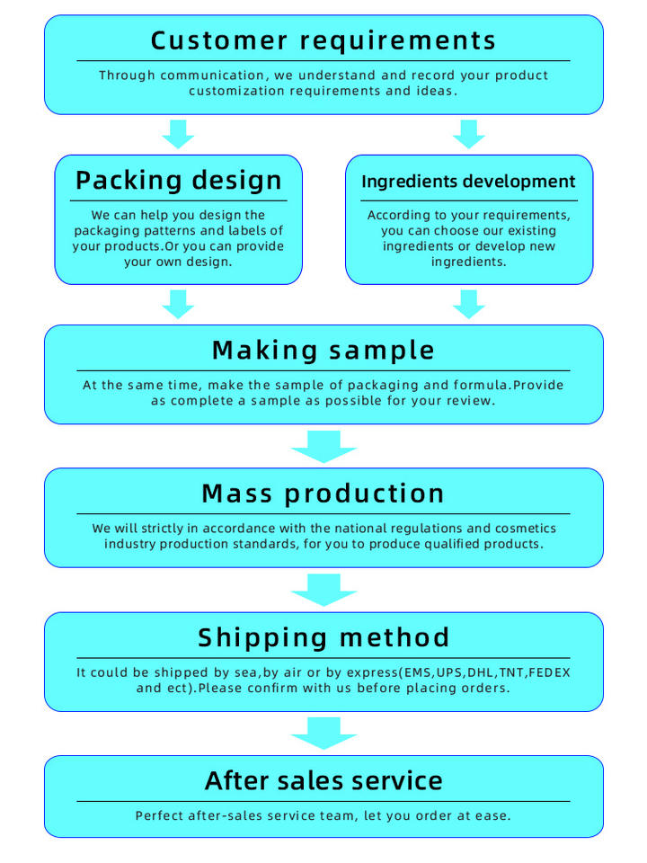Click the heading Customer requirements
(323, 40)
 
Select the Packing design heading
(178, 180)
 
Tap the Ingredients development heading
(468, 182)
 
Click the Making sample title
(323, 350)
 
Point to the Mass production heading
(323, 493)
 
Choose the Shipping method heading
(323, 637)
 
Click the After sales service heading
(323, 779)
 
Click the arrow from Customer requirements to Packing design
(178, 134)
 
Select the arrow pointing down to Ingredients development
(468, 134)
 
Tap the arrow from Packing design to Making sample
(178, 304)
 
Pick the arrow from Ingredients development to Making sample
(468, 304)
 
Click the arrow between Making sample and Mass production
(323, 446)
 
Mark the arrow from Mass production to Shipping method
(323, 590)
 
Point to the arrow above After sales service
(323, 733)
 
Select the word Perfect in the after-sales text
(161, 816)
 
